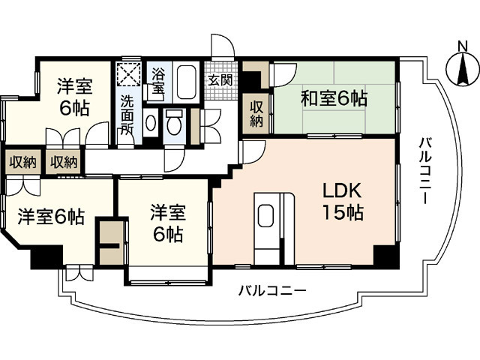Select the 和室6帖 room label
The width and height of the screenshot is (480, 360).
tap(334, 97)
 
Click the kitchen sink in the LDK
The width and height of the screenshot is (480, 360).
tap(268, 217)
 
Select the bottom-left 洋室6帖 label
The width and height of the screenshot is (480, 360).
tap(50, 218)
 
